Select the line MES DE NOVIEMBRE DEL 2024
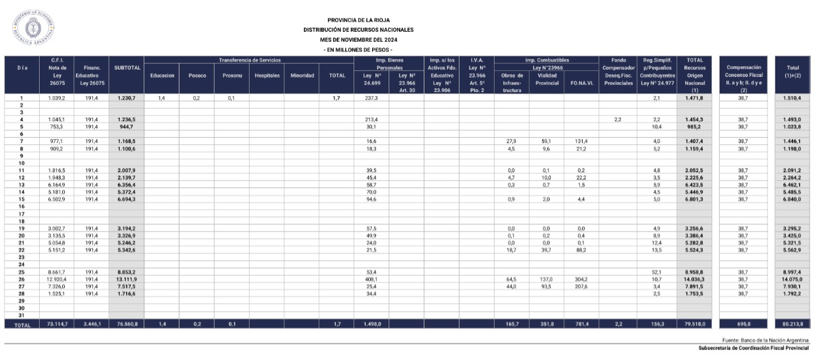(358, 40)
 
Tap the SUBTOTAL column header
(126, 67)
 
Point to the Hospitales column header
(267, 75)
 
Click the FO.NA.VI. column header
(581, 83)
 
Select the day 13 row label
(22, 185)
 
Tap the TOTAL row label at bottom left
(22, 325)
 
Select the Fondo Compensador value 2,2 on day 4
(616, 120)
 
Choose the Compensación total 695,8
(744, 325)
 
